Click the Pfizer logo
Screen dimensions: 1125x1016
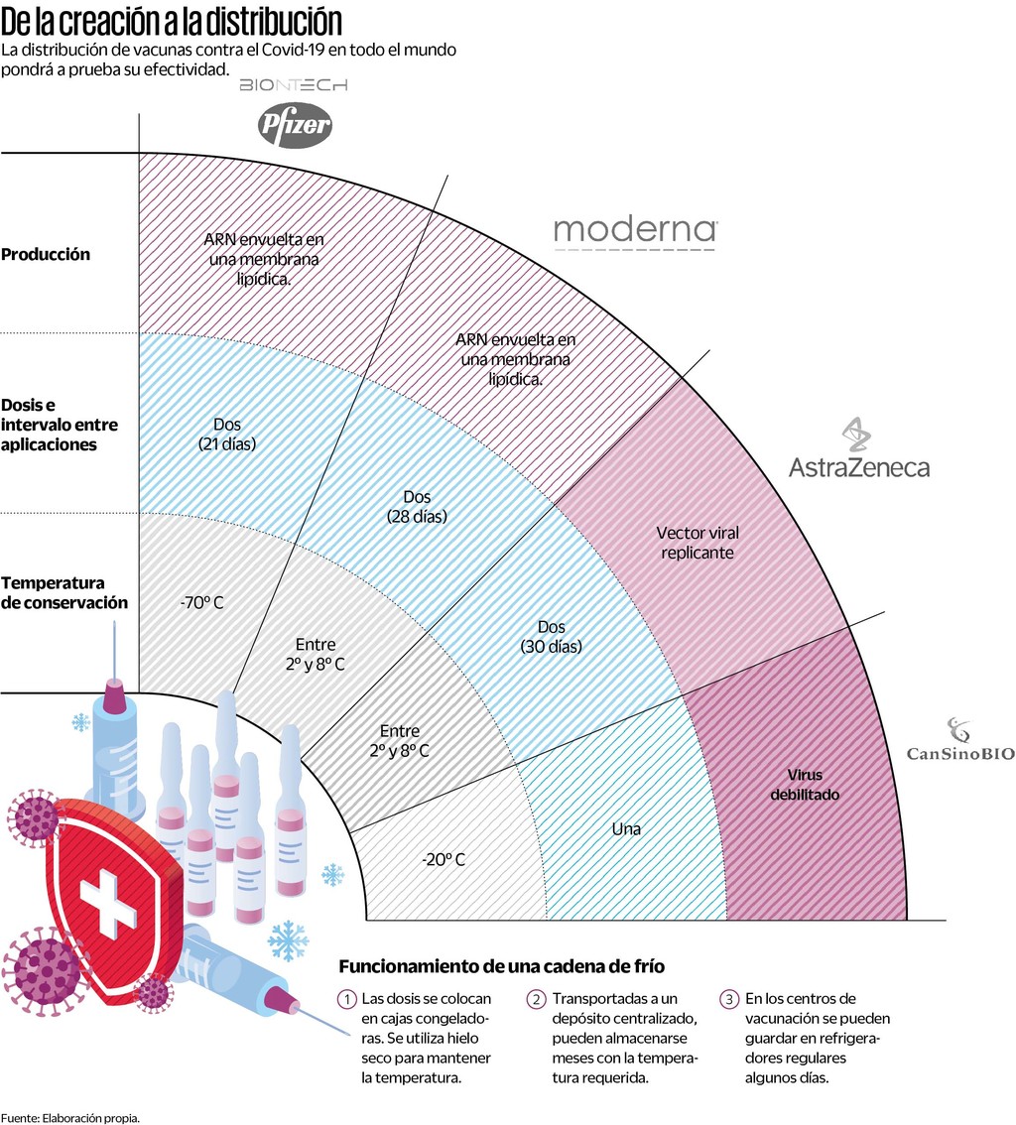(295, 124)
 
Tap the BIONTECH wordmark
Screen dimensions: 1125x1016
(294, 86)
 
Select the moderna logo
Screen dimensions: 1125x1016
(634, 230)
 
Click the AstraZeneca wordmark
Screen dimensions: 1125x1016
(859, 466)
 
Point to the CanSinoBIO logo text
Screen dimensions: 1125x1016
(960, 753)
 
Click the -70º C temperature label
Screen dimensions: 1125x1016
(201, 602)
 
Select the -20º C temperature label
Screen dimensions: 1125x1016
(444, 859)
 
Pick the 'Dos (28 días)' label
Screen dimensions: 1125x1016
(417, 506)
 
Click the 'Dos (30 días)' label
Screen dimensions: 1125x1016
(551, 636)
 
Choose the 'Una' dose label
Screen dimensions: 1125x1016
(626, 828)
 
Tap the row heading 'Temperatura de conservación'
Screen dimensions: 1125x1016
(64, 592)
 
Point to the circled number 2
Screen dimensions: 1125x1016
(537, 999)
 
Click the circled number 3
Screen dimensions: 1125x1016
(729, 999)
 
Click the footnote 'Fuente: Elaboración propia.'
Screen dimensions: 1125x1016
(70, 1117)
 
